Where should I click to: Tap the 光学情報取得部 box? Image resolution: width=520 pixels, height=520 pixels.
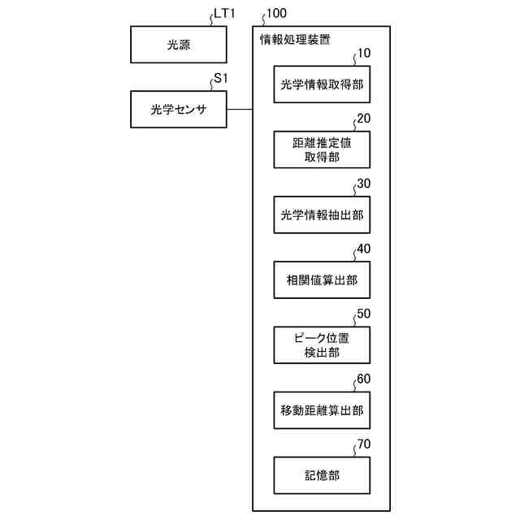(322, 84)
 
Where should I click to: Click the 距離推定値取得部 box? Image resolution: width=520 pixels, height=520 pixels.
(322, 149)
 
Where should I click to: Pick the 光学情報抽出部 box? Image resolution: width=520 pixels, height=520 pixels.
(322, 215)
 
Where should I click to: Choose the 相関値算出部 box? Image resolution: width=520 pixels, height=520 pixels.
(322, 280)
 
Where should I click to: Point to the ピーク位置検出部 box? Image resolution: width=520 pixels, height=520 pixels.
(322, 345)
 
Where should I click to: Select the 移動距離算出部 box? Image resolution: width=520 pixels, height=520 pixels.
(322, 410)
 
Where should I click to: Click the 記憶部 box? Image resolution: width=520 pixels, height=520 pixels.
(322, 475)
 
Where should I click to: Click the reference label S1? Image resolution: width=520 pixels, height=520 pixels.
(221, 79)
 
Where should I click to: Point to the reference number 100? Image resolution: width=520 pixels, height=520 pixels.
(277, 15)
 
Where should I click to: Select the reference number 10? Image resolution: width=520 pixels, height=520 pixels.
(363, 54)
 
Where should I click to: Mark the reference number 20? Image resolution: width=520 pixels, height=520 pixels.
(363, 119)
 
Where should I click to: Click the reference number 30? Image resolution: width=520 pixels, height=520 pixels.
(363, 184)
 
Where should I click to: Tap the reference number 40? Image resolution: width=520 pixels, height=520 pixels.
(363, 249)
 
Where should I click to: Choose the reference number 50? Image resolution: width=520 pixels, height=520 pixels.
(363, 314)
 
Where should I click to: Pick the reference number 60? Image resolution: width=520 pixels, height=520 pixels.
(363, 379)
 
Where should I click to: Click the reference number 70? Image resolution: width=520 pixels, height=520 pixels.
(363, 444)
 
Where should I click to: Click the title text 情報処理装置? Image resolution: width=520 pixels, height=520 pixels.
(294, 39)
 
